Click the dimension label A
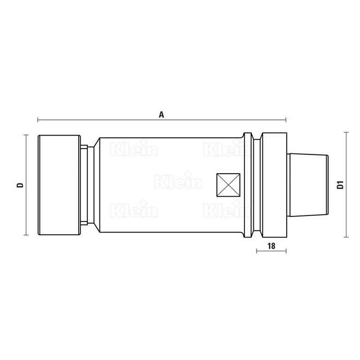click(x=162, y=115)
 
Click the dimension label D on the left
click(x=20, y=185)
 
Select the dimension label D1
click(x=340, y=185)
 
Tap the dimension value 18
click(x=271, y=246)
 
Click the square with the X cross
click(x=229, y=185)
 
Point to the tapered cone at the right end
click(x=308, y=185)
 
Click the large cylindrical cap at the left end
click(x=59, y=185)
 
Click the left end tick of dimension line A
click(x=38, y=120)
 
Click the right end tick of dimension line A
click(x=286, y=120)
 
